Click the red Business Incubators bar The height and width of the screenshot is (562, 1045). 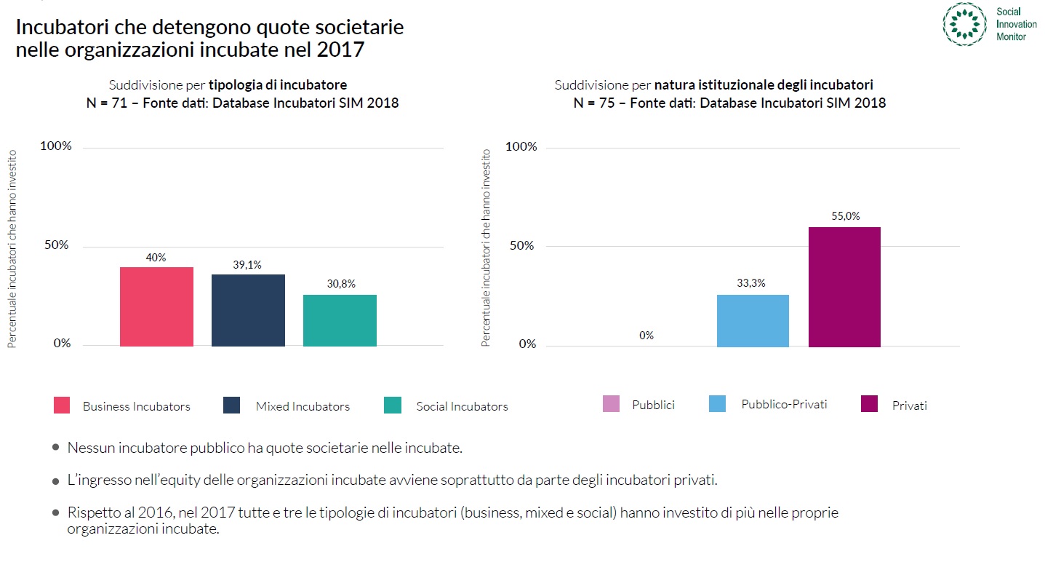click(156, 306)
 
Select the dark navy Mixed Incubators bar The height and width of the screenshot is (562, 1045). click(248, 310)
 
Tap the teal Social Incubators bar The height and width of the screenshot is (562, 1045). click(340, 320)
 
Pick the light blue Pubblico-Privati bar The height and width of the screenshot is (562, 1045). click(753, 320)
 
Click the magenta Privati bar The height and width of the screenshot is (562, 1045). click(844, 287)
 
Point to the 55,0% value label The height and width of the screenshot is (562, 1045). click(844, 216)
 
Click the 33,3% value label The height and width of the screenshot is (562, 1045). click(752, 283)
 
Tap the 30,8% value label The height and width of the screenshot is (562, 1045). click(340, 284)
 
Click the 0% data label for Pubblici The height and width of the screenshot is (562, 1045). click(646, 336)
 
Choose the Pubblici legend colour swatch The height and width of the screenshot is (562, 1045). click(611, 404)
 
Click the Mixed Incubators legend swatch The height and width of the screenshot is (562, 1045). click(232, 405)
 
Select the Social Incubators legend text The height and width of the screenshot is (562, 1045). click(462, 406)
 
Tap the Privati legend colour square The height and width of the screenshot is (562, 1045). click(869, 404)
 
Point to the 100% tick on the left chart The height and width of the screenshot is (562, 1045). click(57, 146)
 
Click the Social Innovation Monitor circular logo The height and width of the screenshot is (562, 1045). click(964, 24)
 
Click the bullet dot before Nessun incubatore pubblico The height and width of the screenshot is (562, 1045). click(56, 448)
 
